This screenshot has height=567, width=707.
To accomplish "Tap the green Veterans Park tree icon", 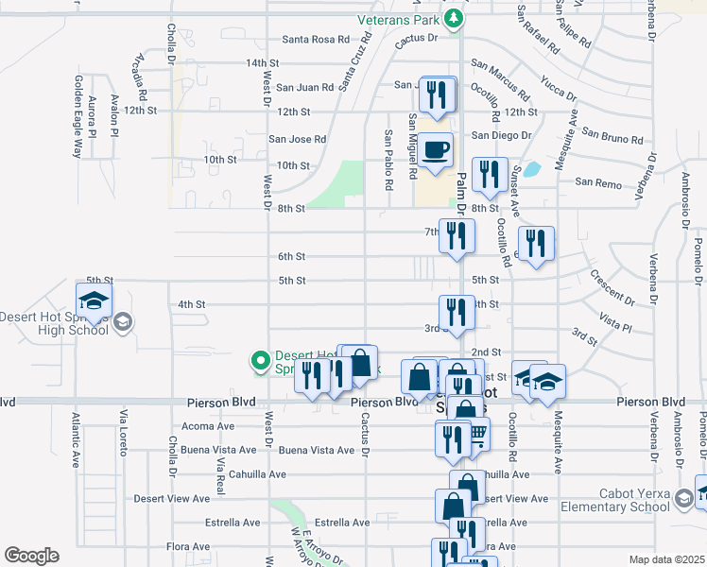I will tap(454, 18).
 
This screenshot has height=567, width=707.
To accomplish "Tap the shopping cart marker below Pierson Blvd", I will tap(474, 436).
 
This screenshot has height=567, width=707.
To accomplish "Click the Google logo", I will tap(30, 556).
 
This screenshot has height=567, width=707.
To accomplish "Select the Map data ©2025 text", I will tap(665, 559).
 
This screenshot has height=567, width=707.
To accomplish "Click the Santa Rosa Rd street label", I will tap(317, 40).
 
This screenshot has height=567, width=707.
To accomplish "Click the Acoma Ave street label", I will tap(206, 426).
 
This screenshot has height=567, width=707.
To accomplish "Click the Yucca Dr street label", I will tap(559, 89).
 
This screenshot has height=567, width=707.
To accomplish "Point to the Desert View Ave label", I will tap(172, 498).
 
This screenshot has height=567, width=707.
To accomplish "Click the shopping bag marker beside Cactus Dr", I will tap(359, 362).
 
